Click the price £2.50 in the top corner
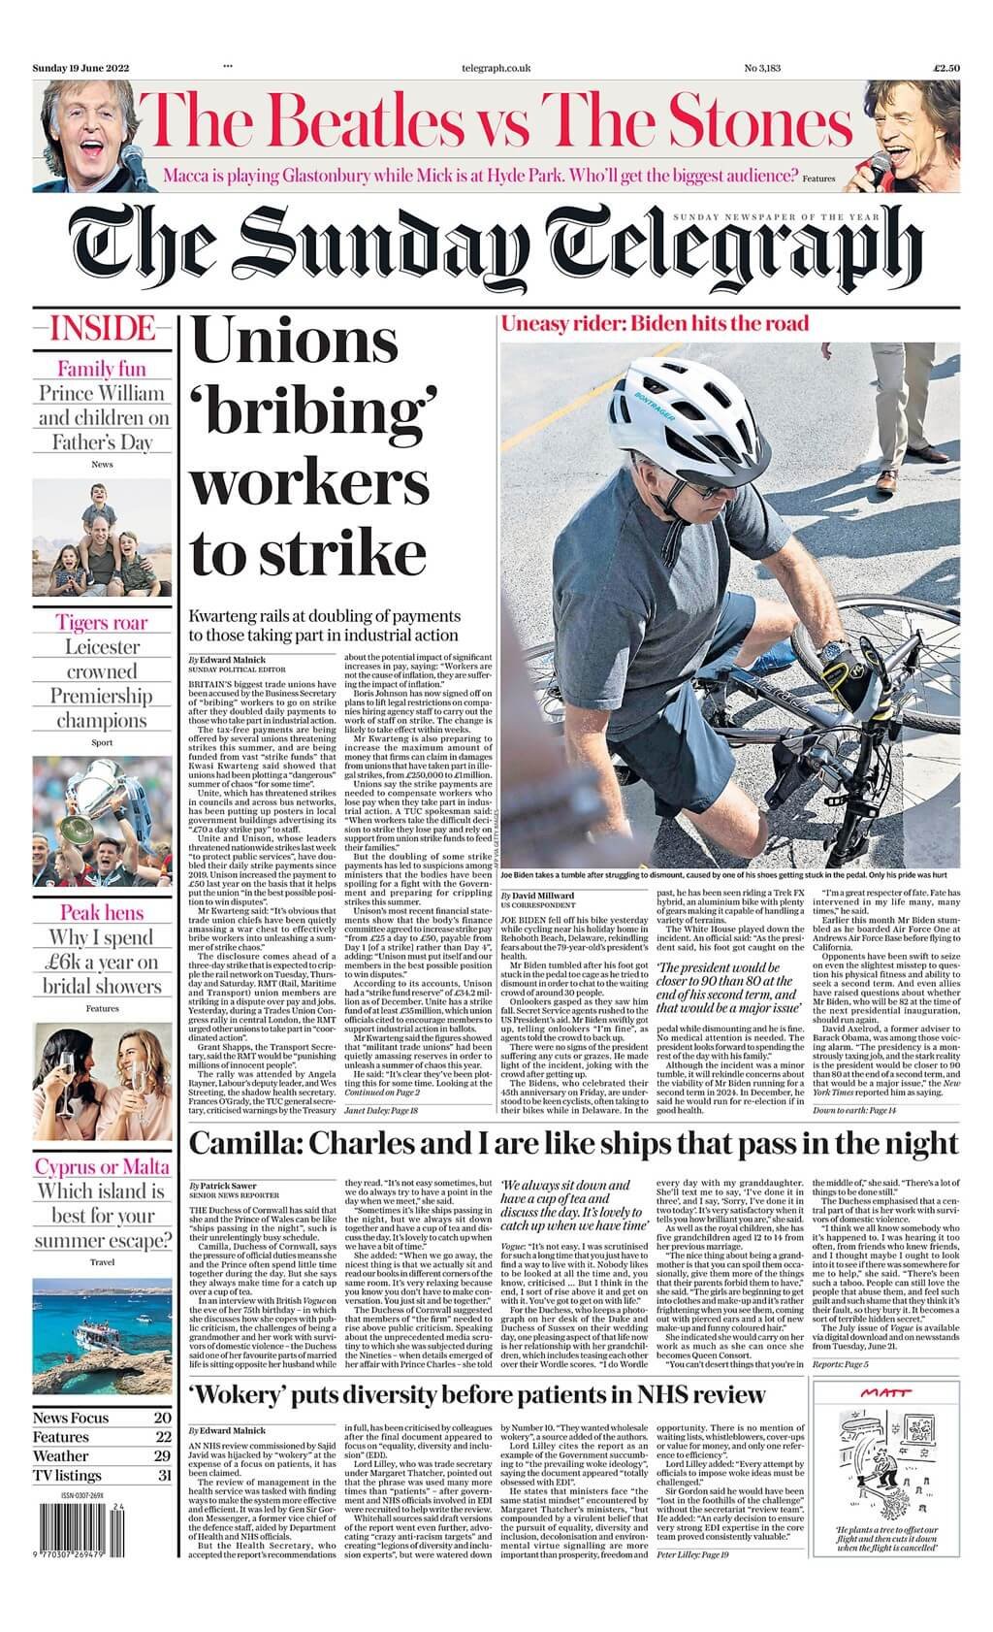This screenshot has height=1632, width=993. [945, 68]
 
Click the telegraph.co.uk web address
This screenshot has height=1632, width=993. [496, 68]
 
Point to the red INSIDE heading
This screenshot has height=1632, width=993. [102, 327]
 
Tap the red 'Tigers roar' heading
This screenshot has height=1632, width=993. [102, 622]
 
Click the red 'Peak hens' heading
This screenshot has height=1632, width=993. [102, 912]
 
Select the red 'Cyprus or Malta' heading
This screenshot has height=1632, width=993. [102, 1166]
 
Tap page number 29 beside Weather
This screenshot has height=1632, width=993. [162, 1455]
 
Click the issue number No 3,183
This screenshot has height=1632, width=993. [769, 68]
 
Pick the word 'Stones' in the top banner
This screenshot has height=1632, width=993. [766, 123]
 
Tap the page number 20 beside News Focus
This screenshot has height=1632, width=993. [162, 1418]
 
